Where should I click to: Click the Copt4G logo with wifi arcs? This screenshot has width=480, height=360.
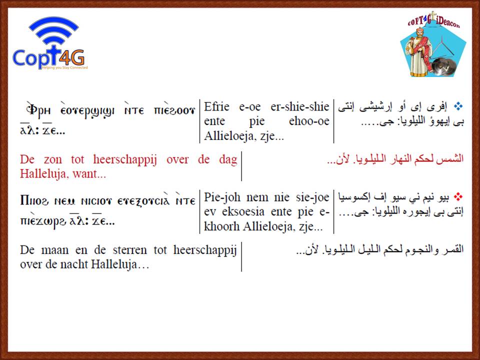(x=50, y=43)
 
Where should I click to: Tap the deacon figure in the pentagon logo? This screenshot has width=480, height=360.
(x=419, y=52)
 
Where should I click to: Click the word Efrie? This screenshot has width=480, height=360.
(x=216, y=106)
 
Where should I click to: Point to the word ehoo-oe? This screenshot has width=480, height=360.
(x=309, y=121)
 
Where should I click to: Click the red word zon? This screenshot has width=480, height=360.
(x=52, y=159)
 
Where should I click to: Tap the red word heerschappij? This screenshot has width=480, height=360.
(x=125, y=160)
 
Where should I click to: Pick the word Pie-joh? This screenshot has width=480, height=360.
(x=222, y=197)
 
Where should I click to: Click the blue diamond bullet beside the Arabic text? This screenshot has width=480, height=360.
(x=458, y=106)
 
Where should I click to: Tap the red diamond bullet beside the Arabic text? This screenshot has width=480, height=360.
(x=458, y=196)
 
